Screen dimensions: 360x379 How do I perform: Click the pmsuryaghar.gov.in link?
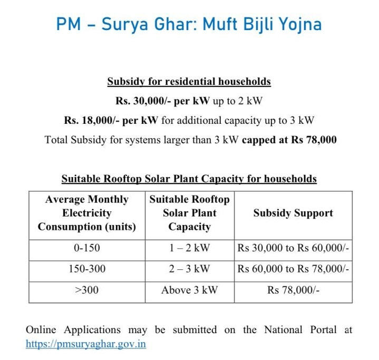pyautogui.click(x=86, y=344)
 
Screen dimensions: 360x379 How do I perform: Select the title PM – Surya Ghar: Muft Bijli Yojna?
pyautogui.click(x=189, y=25)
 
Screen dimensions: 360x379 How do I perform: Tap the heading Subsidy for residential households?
pyautogui.click(x=189, y=82)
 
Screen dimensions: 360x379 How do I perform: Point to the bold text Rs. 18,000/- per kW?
pyautogui.click(x=111, y=120)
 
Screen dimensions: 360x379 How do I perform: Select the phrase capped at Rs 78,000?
pyautogui.click(x=289, y=140)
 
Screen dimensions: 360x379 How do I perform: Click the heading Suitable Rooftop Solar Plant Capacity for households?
pyautogui.click(x=189, y=179)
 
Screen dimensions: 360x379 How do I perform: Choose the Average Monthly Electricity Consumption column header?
pyautogui.click(x=86, y=213)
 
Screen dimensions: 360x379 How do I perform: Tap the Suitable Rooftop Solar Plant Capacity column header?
pyautogui.click(x=189, y=213)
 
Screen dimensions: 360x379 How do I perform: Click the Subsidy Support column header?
pyautogui.click(x=293, y=213)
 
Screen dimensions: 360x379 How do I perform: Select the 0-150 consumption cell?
pyautogui.click(x=86, y=248)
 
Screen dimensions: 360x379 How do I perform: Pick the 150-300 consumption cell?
pyautogui.click(x=86, y=268)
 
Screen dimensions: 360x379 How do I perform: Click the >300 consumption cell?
pyautogui.click(x=86, y=289)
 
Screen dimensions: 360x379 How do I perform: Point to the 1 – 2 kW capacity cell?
pyautogui.click(x=189, y=248)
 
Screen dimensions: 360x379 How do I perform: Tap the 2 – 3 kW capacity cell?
pyautogui.click(x=189, y=268)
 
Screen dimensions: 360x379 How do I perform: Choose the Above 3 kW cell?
pyautogui.click(x=189, y=289)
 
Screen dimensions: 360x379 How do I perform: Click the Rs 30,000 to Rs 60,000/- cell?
pyautogui.click(x=293, y=248)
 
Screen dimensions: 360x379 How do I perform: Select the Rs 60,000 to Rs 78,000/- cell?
pyautogui.click(x=293, y=268)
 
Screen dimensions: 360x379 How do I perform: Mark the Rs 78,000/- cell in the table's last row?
pyautogui.click(x=293, y=289)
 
